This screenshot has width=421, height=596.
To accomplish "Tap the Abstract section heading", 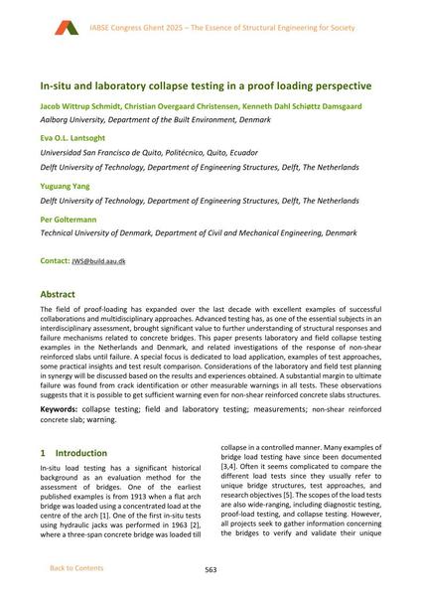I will [x=61, y=295].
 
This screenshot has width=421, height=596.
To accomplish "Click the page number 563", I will [x=210, y=569].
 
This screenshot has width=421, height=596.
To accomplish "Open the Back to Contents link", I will [x=75, y=569].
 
